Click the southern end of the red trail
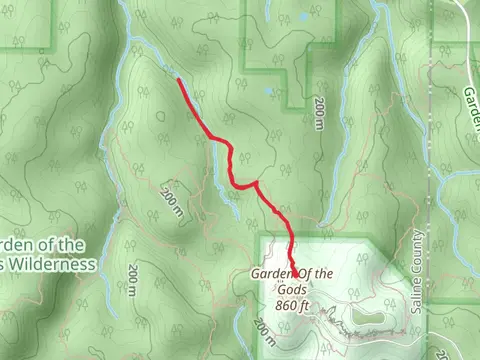297,272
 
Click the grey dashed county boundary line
431,180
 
